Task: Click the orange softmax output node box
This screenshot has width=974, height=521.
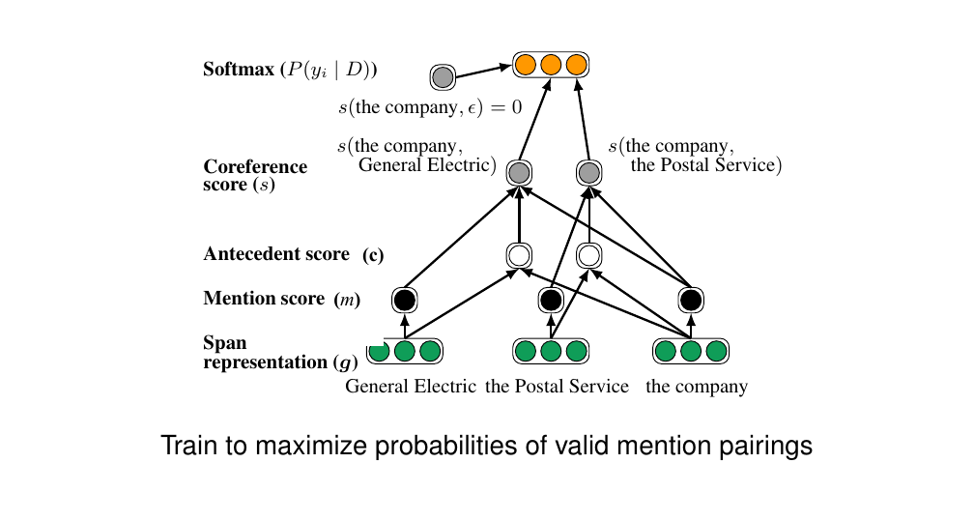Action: [551, 66]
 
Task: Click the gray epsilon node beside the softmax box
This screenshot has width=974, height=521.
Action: [443, 77]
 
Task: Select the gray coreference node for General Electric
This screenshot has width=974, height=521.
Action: [519, 174]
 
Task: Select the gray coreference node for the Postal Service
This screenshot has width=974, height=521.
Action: [588, 174]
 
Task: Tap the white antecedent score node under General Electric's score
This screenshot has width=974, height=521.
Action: [519, 256]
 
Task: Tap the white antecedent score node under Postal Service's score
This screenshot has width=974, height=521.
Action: [588, 256]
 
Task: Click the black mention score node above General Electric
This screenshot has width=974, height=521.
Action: [405, 300]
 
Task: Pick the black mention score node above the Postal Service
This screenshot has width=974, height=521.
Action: [551, 300]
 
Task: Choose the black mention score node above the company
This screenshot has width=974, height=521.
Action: [690, 300]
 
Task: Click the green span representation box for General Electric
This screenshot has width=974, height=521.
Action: [405, 351]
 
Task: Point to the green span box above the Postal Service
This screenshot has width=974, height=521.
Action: [551, 351]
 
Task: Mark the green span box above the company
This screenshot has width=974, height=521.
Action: [690, 351]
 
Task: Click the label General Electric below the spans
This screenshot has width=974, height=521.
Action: [411, 387]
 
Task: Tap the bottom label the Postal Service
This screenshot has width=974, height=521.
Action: [557, 387]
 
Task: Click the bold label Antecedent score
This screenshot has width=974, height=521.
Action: [276, 254]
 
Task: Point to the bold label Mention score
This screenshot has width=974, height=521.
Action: [264, 299]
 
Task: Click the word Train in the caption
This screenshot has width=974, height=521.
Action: [185, 447]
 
